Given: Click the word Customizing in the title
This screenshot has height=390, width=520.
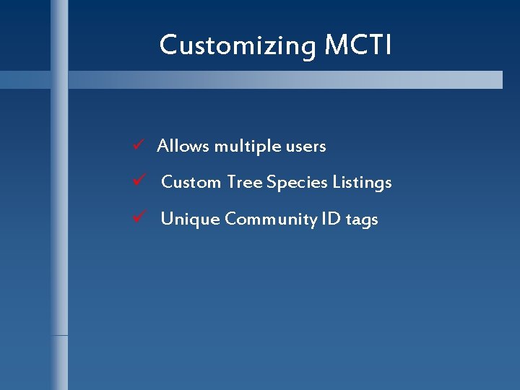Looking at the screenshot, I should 238,45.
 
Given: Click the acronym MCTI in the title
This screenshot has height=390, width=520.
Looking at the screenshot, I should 358,45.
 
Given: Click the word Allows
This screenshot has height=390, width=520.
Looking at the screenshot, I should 183,146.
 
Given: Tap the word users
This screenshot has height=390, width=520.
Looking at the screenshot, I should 306,146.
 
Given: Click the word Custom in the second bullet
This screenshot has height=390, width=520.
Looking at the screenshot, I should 191,182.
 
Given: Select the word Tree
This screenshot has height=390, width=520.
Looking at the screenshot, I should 244,182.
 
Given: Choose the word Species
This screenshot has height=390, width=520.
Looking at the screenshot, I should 297,183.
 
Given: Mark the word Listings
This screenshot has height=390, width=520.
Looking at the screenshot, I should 362,182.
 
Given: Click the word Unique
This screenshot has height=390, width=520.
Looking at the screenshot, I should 190,219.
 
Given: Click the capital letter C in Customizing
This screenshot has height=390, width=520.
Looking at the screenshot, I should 168,45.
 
